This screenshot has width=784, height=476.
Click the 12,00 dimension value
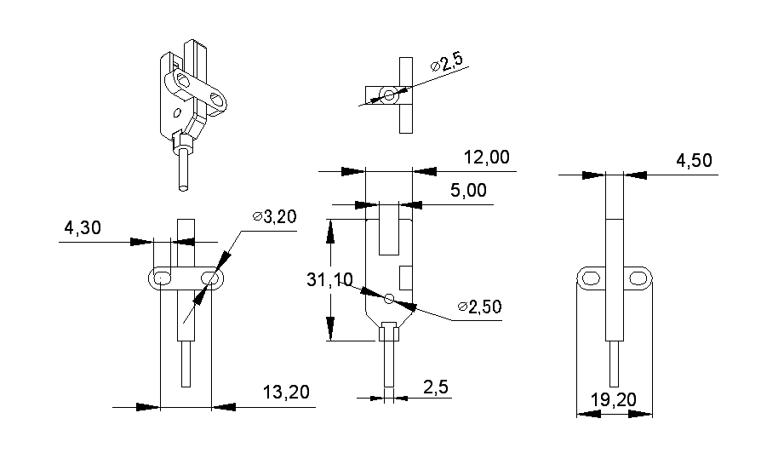coord(486,158)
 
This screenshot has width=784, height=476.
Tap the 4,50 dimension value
coord(695,161)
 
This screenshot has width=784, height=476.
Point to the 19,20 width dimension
coord(615,399)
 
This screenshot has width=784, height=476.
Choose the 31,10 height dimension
coord(329,279)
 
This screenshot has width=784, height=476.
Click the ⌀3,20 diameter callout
coord(274,217)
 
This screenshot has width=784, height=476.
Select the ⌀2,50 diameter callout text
coord(478,307)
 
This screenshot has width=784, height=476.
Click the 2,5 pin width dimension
coord(436,387)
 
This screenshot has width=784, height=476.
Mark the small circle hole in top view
coord(390,95)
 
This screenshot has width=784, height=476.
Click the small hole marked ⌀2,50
coord(389,298)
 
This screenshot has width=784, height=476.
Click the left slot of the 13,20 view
coord(163,278)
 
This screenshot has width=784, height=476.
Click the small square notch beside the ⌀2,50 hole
coord(407,277)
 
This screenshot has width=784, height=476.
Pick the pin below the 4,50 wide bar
coord(615,364)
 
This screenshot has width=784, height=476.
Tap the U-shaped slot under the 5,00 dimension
coord(389,230)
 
